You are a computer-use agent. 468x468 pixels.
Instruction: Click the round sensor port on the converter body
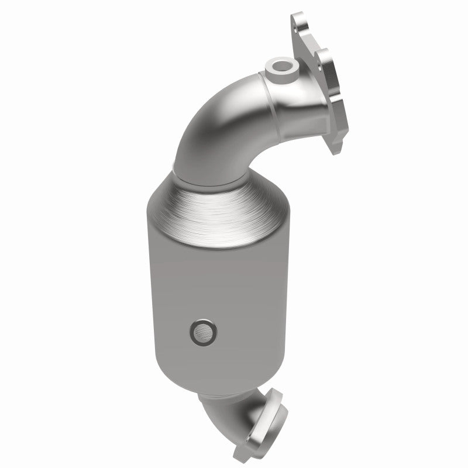pos(202,332)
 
